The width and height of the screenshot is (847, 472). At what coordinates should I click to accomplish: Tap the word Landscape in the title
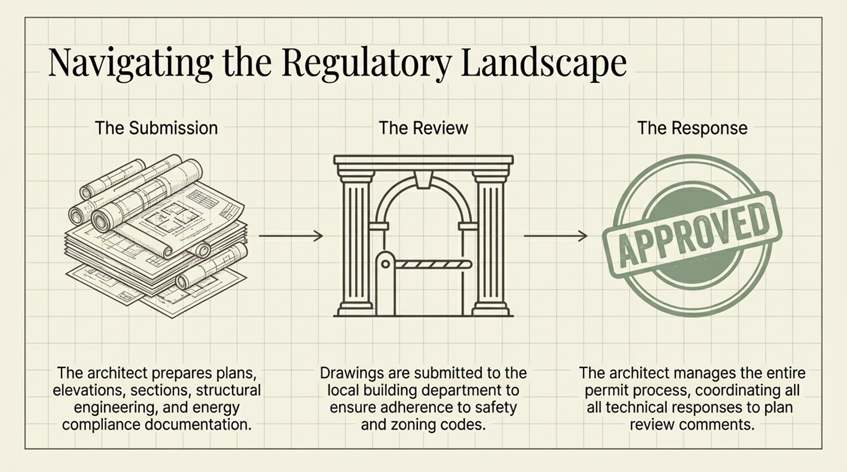(544, 63)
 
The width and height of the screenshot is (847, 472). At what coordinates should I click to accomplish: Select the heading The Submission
(156, 128)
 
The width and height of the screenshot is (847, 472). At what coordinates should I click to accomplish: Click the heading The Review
(423, 128)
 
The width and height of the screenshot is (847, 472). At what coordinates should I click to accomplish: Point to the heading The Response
(692, 128)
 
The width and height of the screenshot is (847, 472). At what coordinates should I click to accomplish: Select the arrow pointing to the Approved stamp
(556, 236)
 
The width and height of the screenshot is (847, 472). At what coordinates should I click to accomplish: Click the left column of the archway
(355, 243)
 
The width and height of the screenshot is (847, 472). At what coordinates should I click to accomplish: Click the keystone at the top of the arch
(423, 179)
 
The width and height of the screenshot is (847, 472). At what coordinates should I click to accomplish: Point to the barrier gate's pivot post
(385, 283)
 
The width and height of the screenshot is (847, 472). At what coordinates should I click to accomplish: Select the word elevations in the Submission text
(89, 390)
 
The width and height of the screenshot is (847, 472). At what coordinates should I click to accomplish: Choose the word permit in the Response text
(603, 390)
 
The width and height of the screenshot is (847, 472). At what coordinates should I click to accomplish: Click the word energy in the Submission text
(218, 408)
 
